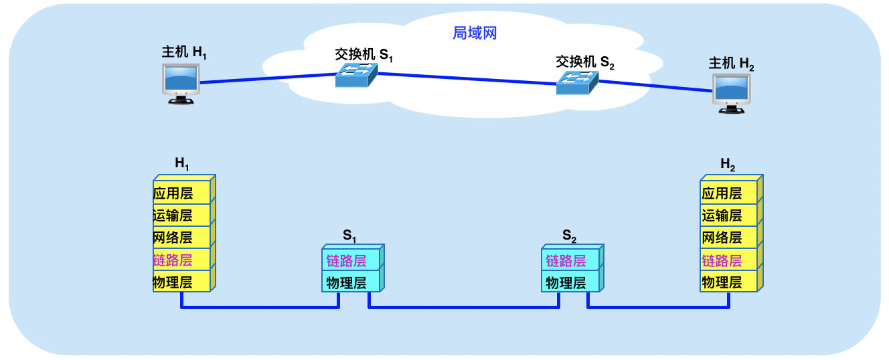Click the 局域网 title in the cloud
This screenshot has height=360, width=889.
475,33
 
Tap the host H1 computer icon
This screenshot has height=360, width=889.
181,84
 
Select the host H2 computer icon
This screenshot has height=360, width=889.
731,92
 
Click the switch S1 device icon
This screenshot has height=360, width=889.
352,75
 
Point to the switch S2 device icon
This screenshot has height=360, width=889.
576,82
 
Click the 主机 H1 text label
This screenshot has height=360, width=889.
184,52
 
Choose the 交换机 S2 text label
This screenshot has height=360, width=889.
584,62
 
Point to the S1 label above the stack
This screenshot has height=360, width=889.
350,236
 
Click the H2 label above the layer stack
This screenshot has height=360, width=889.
728,164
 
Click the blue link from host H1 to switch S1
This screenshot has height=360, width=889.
268,78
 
